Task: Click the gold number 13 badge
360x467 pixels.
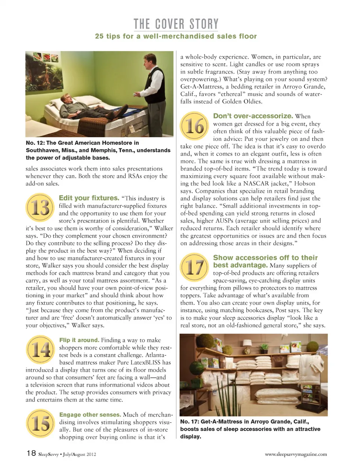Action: coord(40,208)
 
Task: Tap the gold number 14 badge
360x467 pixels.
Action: coord(40,350)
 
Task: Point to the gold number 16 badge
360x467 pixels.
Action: coord(194,126)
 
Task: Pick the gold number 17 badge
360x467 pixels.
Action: coord(194,267)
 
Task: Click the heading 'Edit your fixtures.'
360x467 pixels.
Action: coord(89,198)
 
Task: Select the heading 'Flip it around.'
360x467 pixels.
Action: coord(79,340)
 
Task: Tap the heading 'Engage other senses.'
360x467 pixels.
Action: coord(90,415)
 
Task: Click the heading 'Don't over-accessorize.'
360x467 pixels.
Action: coord(253,116)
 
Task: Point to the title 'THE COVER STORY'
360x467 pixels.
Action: coord(176,24)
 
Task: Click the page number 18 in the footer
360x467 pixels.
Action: coord(31,453)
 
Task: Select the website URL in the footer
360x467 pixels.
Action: coord(295,454)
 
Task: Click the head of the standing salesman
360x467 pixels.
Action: coord(150,60)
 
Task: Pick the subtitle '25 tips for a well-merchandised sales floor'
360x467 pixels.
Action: coord(176,36)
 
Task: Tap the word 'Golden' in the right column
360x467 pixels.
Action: coord(235,101)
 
